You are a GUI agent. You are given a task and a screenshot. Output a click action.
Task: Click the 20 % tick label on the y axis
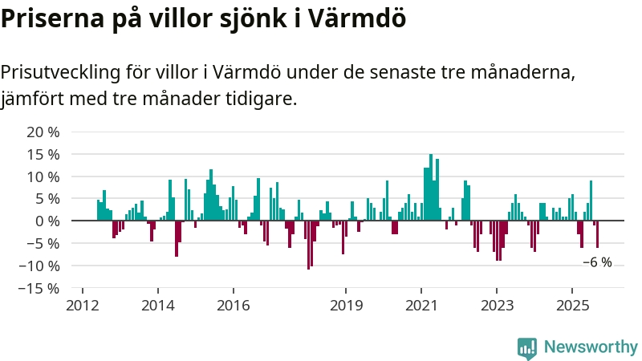(x=43, y=132)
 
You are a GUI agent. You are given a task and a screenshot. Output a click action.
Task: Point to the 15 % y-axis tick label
(x=43, y=154)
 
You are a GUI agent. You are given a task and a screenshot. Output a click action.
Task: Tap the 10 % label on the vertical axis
(x=43, y=176)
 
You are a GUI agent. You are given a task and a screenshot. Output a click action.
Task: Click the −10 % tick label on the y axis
(x=40, y=266)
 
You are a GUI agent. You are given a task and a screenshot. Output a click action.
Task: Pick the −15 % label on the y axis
(x=40, y=288)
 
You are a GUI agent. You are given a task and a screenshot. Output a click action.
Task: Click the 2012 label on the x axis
(x=82, y=306)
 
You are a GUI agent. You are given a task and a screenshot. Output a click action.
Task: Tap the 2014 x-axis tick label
(x=157, y=306)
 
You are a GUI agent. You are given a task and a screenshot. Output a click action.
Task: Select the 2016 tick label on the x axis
(x=233, y=306)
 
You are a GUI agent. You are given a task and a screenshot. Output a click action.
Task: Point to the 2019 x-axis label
(x=346, y=306)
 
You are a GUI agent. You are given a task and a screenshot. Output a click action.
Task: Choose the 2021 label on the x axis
(x=421, y=306)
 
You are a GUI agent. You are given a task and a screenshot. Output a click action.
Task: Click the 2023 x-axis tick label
(x=497, y=306)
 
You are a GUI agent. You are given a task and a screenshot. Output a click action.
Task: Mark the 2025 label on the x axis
(x=572, y=306)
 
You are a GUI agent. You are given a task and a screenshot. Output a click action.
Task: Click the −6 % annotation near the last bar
(x=597, y=262)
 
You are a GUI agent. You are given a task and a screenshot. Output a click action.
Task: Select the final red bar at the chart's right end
(x=597, y=233)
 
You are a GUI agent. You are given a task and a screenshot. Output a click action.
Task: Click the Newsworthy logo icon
(x=526, y=347)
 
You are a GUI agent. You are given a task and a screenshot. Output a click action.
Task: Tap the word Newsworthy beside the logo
(x=591, y=347)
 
